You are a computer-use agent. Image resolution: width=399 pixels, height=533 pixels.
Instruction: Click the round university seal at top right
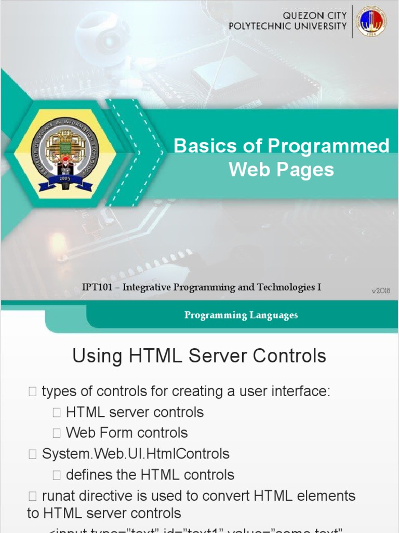coord(371,21)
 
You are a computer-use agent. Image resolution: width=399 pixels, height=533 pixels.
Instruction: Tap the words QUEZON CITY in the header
coord(315,16)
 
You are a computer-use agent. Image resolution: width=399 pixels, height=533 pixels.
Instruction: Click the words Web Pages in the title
coord(282,170)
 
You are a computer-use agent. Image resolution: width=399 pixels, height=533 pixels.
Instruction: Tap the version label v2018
coord(381,291)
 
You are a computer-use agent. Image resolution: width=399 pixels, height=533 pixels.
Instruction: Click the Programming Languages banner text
coord(241,315)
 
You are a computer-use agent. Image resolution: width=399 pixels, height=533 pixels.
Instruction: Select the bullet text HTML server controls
coord(135,412)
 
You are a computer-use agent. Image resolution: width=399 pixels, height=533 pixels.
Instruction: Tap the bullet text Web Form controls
coord(127,433)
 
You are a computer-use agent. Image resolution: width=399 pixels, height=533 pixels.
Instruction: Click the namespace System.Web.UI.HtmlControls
coord(136,454)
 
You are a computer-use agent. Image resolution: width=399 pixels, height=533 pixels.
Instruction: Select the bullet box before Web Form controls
coord(57,433)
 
